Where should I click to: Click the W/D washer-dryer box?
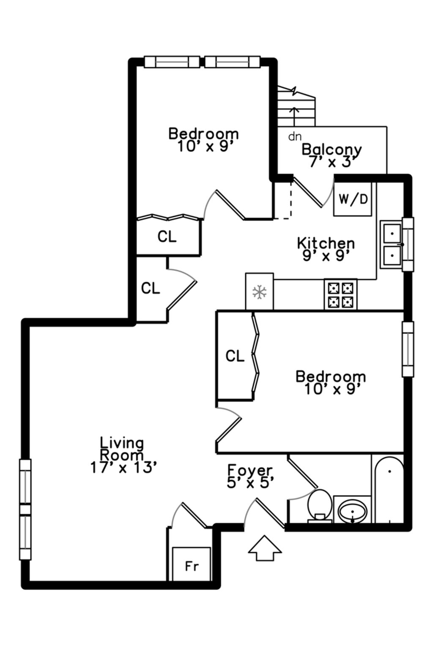pos(353,199)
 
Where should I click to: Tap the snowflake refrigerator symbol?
pos(259,292)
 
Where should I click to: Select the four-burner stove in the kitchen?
pos(341,295)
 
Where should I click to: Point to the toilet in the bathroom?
pos(319,504)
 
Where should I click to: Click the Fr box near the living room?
pos(192,566)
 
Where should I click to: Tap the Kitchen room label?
pos(326,243)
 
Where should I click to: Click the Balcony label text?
pos(332,149)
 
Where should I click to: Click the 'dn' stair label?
pos(295,136)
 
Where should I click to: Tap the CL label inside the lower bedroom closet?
pos(235,356)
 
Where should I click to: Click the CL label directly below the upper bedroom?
pos(167,237)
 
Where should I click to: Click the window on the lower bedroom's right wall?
pos(408,349)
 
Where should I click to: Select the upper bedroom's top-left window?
pos(172,62)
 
